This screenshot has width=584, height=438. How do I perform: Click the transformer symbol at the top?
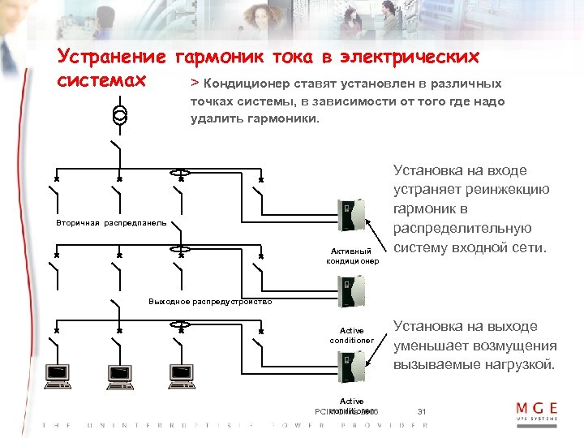[x=119, y=114]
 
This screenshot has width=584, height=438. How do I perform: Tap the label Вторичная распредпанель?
[x=112, y=221]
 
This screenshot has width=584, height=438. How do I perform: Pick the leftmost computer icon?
[x=58, y=373]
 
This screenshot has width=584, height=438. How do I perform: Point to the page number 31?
[x=422, y=412]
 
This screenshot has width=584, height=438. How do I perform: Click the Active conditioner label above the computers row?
[x=352, y=335]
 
